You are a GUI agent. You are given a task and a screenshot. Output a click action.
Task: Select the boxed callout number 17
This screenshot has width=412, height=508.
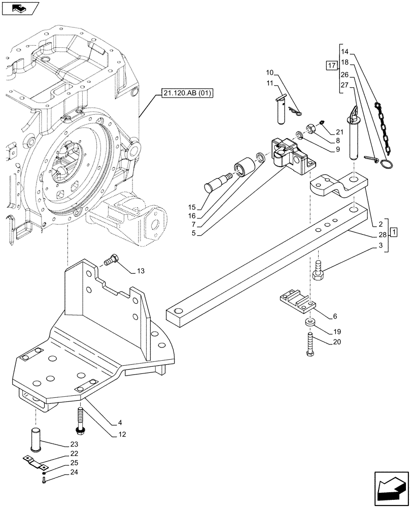click(x=332, y=65)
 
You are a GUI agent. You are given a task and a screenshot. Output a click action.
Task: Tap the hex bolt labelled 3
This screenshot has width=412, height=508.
click(x=320, y=270)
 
